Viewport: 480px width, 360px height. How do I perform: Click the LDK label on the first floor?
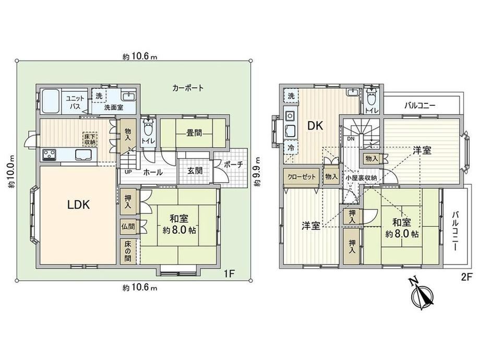coord(79,205)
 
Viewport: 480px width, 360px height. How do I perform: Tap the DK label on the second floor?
coord(315,126)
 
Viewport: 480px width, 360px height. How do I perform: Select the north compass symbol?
coord(423,293)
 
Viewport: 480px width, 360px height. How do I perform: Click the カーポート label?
coord(188,88)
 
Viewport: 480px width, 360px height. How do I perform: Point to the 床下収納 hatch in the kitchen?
coord(90,139)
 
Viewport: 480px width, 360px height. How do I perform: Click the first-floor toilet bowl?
coord(148,128)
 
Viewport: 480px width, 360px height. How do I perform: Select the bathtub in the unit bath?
coord(50,101)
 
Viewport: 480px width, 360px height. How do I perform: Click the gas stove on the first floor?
coord(49,154)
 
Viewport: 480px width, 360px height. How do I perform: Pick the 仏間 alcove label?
coord(128,227)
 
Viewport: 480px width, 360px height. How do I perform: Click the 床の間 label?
coord(128,251)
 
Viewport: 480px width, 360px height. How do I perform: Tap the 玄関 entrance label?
coord(195,170)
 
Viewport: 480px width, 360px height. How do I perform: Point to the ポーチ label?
coord(233,164)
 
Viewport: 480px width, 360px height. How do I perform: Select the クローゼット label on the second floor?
coord(301,177)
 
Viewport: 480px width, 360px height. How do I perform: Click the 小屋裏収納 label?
coord(361,178)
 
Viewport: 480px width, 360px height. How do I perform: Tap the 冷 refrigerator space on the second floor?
coord(290,148)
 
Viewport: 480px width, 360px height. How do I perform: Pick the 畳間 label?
coord(194,133)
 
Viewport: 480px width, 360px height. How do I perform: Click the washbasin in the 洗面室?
coord(129,96)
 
